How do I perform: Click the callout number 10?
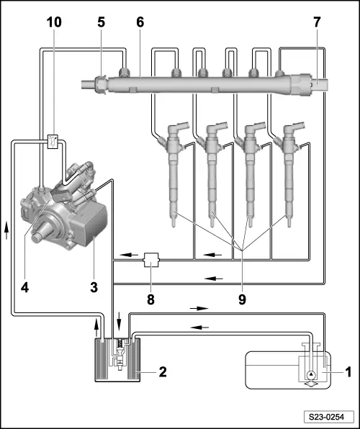point(54,22)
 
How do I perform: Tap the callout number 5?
point(101,22)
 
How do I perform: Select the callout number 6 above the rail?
point(140,22)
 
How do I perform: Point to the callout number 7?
point(317,22)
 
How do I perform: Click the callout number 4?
point(24,287)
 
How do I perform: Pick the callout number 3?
point(94,287)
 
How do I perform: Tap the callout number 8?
point(151,299)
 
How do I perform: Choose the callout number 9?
point(242,299)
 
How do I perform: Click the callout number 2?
point(163,372)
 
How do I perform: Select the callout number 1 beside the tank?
point(348,372)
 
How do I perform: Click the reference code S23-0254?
point(326,417)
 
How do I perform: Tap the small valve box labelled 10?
point(53,142)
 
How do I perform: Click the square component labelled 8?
point(151,260)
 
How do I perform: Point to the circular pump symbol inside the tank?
point(311,374)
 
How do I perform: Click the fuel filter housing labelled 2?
point(117,360)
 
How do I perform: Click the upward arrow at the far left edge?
point(6,230)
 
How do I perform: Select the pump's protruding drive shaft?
point(41,231)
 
